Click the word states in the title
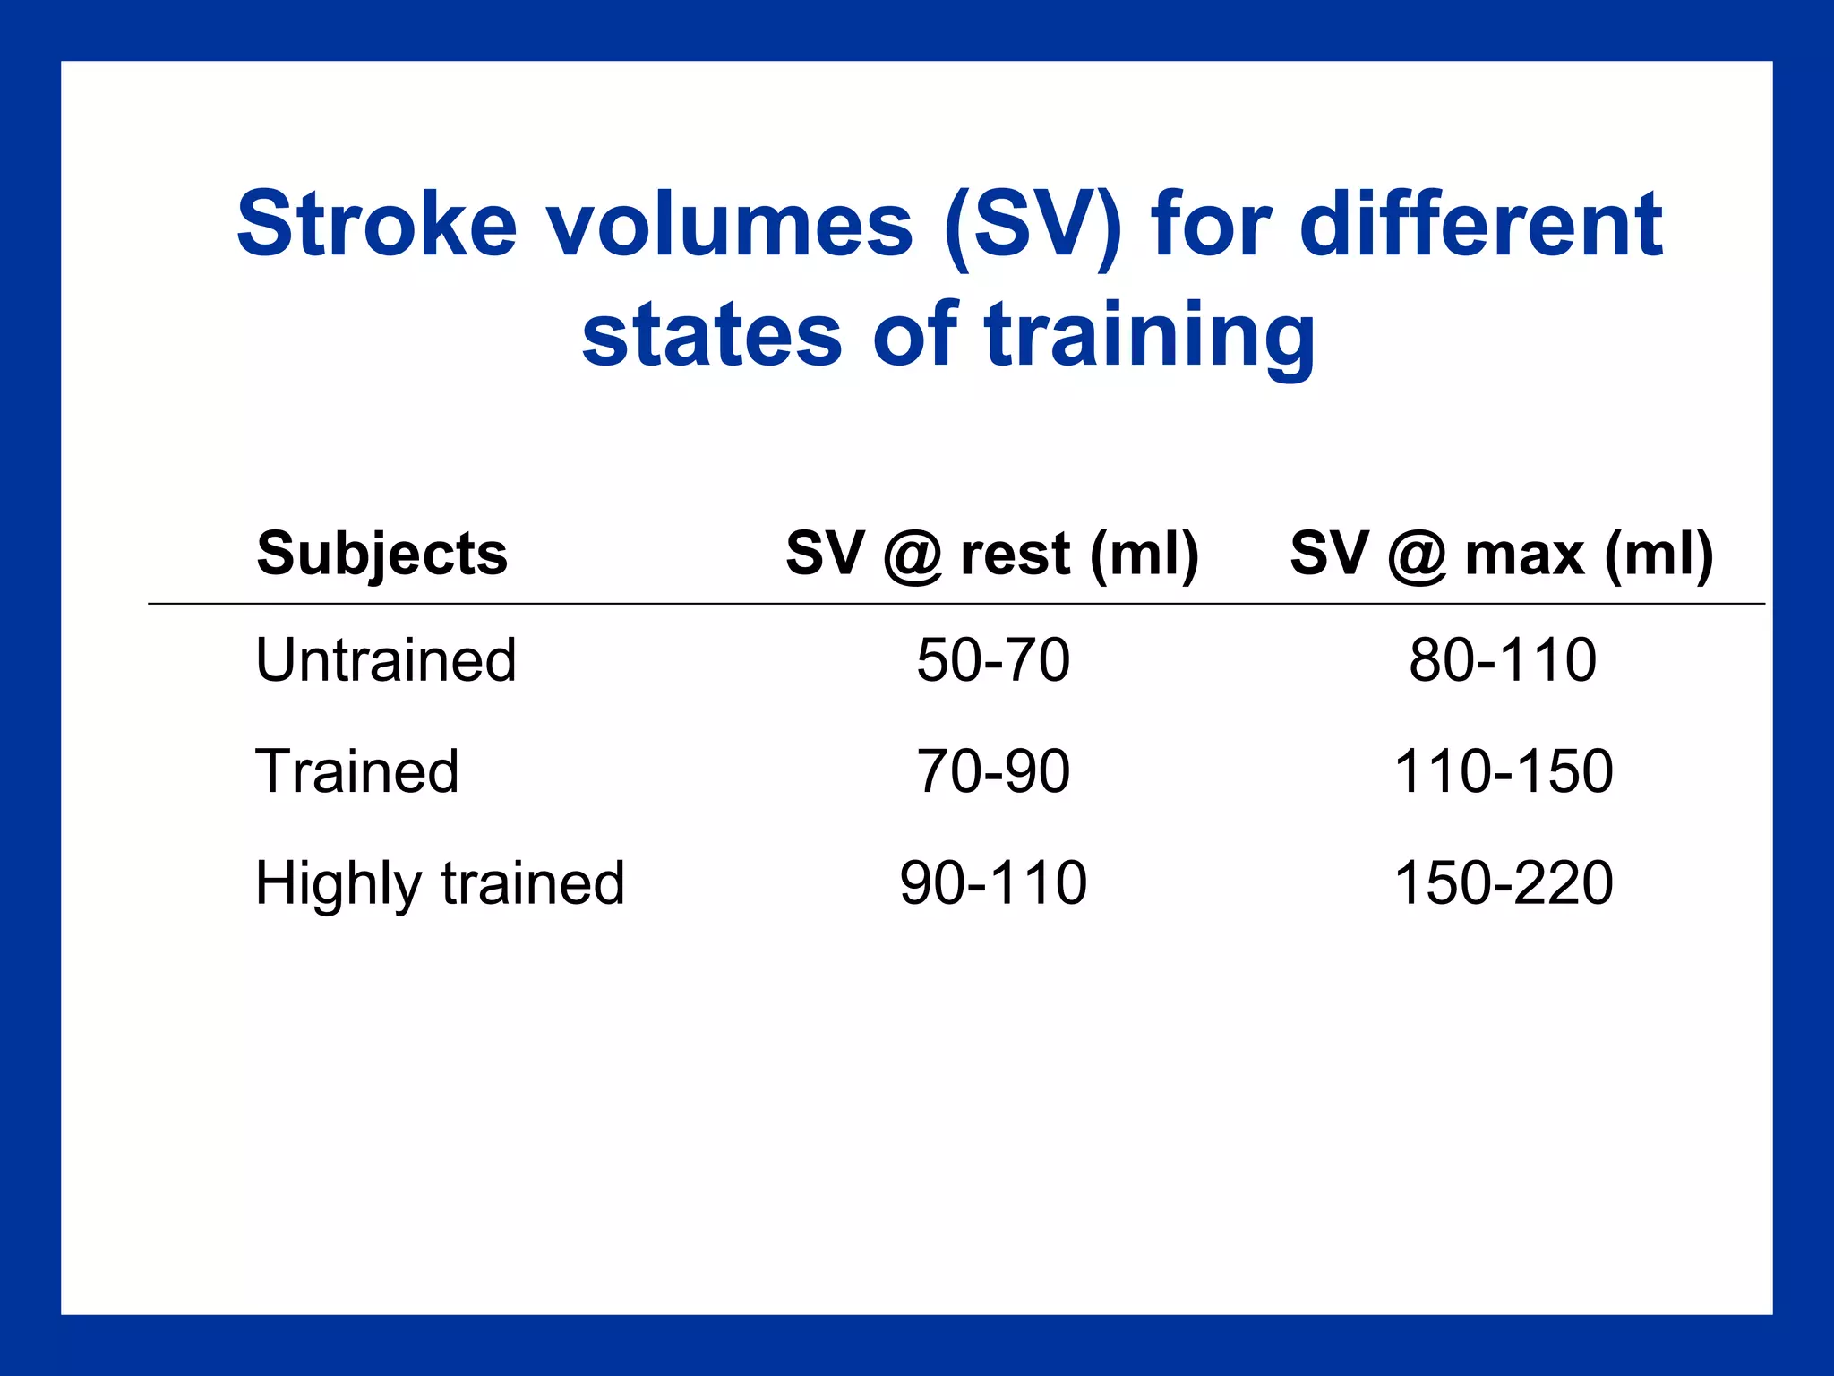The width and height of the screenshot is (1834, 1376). coord(712,336)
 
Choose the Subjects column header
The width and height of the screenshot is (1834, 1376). coord(382,554)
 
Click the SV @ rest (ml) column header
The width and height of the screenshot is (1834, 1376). coord(992,554)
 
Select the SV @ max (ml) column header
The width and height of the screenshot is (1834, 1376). coord(1502,554)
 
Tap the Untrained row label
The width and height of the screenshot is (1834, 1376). coord(386,660)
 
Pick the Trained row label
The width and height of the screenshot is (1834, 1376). coord(357,771)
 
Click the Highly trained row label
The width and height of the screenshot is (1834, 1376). coord(440,883)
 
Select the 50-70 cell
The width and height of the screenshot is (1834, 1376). coord(993,660)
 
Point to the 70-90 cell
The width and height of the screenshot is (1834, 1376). coord(993,771)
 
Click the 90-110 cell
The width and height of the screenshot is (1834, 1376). coord(993,883)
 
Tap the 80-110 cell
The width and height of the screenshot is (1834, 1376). coord(1503,660)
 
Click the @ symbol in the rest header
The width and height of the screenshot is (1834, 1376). coord(913,556)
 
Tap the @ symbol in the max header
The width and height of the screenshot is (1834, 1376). coord(1417,556)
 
